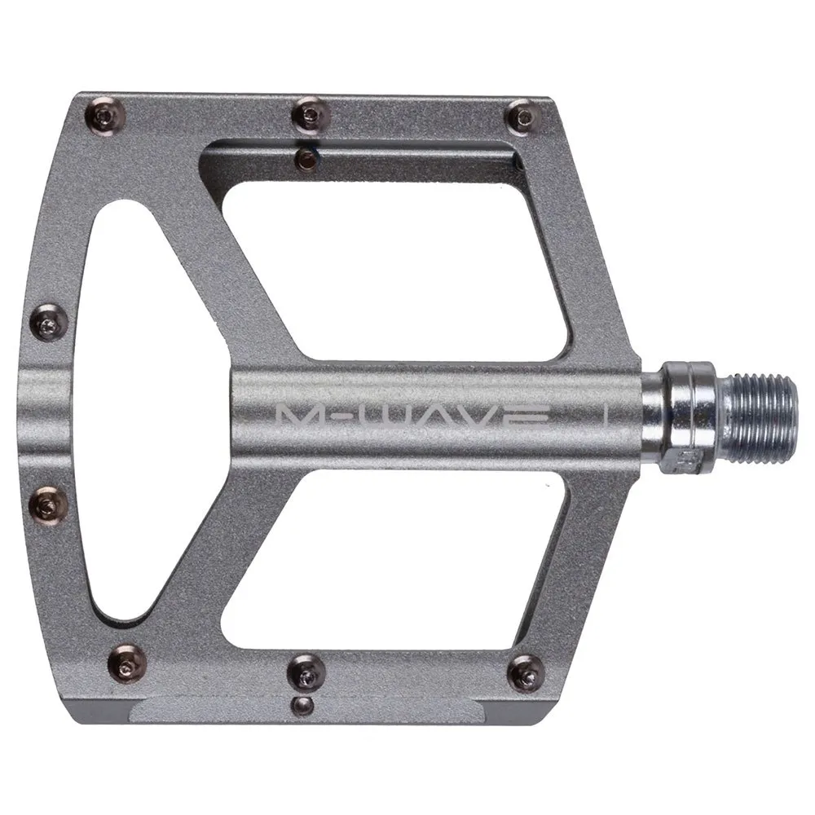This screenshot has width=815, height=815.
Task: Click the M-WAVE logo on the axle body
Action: (412, 416)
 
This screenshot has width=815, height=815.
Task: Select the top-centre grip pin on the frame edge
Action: (311, 115)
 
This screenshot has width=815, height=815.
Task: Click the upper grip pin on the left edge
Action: (50, 324)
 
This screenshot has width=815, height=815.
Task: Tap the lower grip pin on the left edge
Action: (48, 504)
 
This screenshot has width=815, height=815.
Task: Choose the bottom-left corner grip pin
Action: (127, 665)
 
